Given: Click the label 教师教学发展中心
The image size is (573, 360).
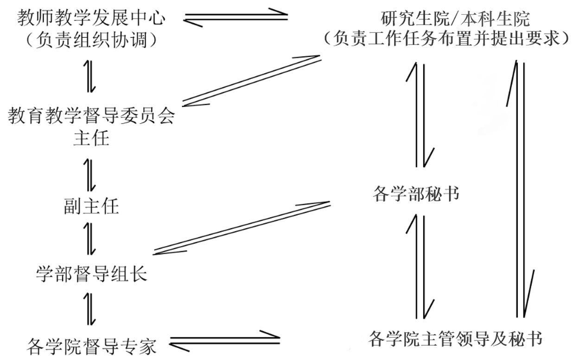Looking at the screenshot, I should tap(91, 18).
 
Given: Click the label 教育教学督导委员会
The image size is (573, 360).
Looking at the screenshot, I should tap(91, 116).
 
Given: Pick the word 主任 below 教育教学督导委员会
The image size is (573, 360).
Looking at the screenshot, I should tap(91, 138).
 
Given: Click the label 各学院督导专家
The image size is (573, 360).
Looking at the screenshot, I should tap(91, 346).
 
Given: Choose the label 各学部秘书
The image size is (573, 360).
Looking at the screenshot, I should tap(416, 194).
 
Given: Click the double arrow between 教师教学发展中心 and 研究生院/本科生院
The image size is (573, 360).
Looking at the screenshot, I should tap(236, 18).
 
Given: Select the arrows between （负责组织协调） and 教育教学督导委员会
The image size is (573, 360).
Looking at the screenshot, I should tap(91, 75).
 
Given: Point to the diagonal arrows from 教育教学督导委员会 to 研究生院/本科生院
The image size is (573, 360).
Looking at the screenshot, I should tap(250, 80).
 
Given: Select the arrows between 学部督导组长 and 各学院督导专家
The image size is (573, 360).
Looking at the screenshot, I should tap(91, 308).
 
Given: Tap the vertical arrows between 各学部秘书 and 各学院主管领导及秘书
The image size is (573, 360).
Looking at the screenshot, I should tap(420, 266).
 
